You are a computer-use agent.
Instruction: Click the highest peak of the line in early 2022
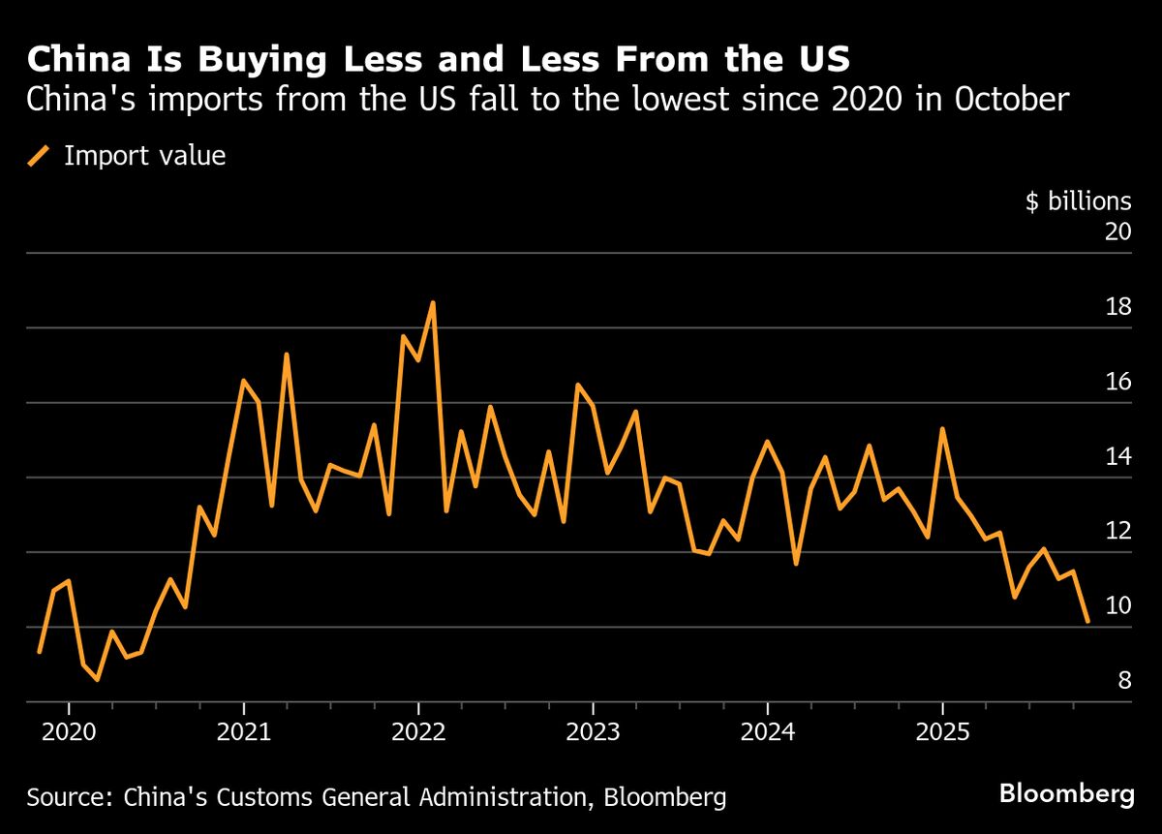[433, 302]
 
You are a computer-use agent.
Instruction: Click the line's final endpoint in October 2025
[1087, 621]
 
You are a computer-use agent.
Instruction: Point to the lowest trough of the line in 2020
[97, 680]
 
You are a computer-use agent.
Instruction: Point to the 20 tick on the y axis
[1117, 232]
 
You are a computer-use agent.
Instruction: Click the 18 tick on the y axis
[1117, 307]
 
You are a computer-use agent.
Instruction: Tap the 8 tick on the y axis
[1123, 681]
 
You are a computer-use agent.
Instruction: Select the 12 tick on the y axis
[1117, 531]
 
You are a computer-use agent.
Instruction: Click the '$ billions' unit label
[1078, 201]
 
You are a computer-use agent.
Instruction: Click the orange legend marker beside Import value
[39, 156]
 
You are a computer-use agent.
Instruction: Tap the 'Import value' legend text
[144, 156]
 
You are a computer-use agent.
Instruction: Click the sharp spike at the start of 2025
[942, 428]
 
